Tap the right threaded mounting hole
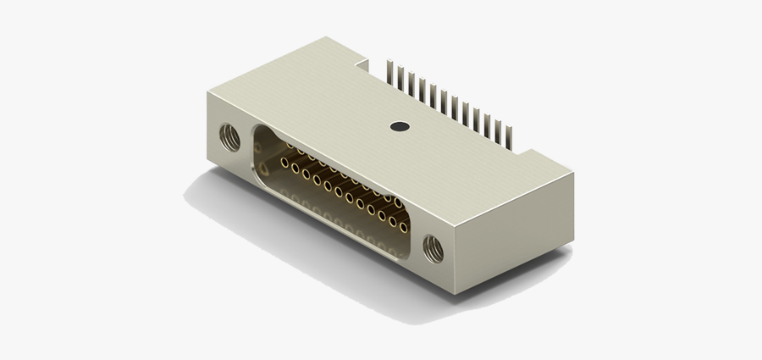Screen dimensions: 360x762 click(x=433, y=247)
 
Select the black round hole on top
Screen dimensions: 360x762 click(x=399, y=127)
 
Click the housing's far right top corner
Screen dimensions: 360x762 click(x=573, y=174)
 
